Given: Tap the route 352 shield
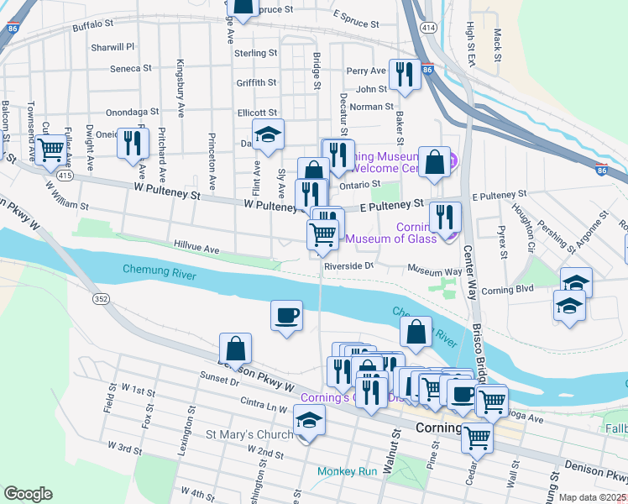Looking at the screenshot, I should point(101,298).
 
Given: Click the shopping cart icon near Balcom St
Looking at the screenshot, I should point(52,150).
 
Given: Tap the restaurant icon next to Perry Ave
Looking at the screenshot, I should point(406,75).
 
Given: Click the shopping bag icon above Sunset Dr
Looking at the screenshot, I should point(236,347).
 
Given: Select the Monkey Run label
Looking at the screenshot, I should point(348,471).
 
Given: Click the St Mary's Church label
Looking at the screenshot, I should point(249,435).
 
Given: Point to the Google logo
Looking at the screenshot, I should point(28,494).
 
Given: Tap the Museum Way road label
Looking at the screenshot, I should point(435,270).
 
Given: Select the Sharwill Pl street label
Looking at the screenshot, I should point(113,48).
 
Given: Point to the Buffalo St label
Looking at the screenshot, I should point(93,27).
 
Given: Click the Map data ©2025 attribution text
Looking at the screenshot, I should point(593,497).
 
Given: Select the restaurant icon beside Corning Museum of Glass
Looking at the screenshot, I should point(445,217).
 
